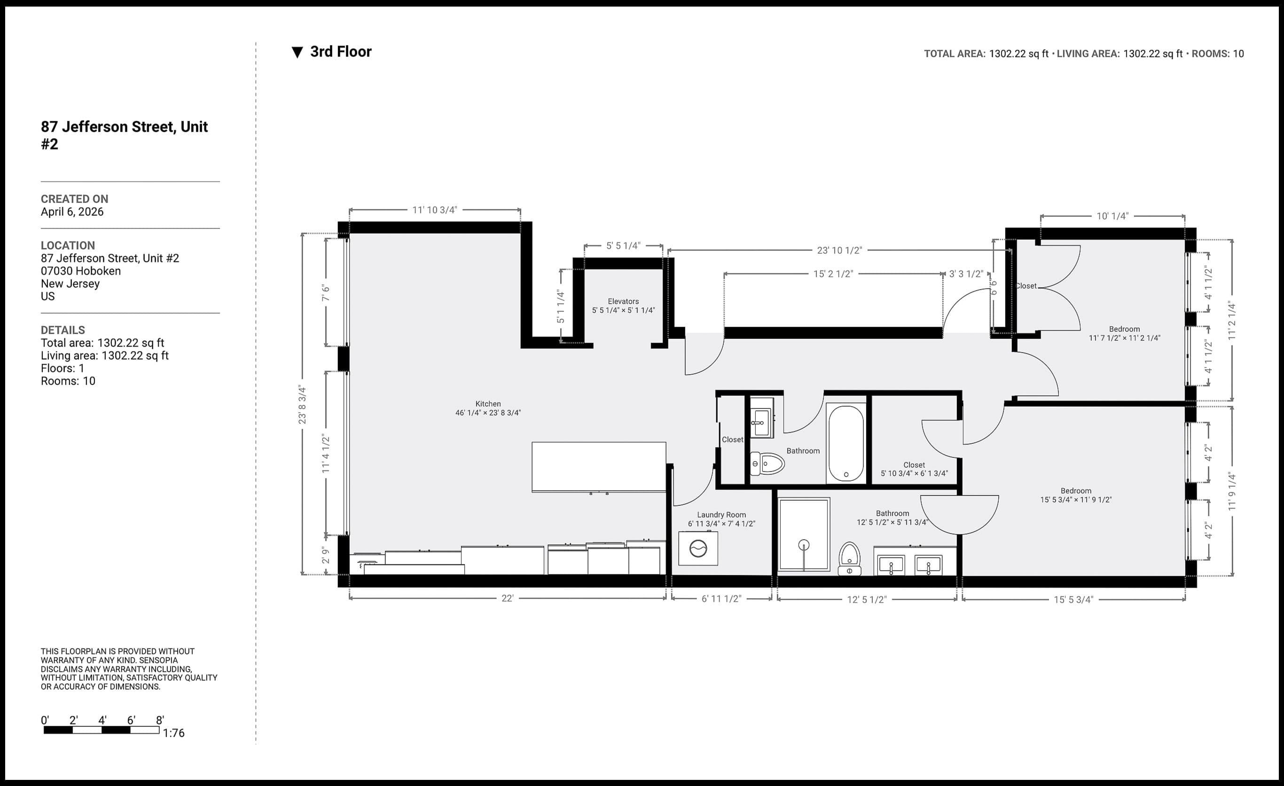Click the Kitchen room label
point(488,404)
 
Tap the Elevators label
point(623,301)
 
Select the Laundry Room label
point(721,515)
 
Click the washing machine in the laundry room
point(698,548)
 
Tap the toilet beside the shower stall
point(849,558)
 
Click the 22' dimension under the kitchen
point(507,599)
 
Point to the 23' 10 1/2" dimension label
point(839,251)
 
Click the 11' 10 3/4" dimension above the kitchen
point(435,210)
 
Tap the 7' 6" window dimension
point(326,292)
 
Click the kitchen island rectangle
point(598,467)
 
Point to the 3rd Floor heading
point(340,52)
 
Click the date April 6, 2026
point(72,212)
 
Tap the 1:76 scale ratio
point(173,733)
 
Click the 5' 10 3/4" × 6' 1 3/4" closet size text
point(914,474)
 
